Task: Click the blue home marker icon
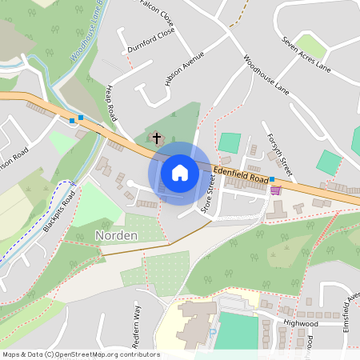pyautogui.click(x=180, y=173)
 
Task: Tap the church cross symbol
pyautogui.click(x=157, y=139)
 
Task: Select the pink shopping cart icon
pyautogui.click(x=276, y=190)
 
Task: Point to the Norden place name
pyautogui.click(x=117, y=235)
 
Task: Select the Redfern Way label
pyautogui.click(x=135, y=325)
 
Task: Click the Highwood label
pyautogui.click(x=301, y=323)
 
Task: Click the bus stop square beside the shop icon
pyautogui.click(x=272, y=179)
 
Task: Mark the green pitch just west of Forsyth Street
pyautogui.click(x=230, y=142)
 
